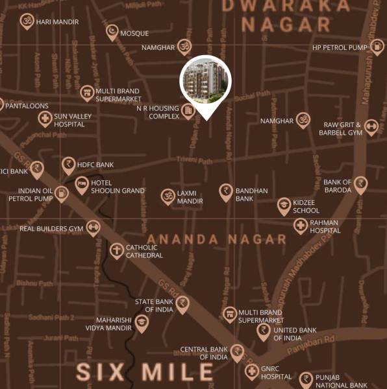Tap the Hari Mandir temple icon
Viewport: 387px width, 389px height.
pyautogui.click(x=27, y=21)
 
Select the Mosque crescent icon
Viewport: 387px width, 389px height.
pyautogui.click(x=112, y=32)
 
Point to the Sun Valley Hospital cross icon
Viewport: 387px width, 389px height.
pyautogui.click(x=45, y=119)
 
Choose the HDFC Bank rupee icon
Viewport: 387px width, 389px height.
pyautogui.click(x=68, y=165)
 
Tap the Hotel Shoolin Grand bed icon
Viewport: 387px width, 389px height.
pyautogui.click(x=82, y=185)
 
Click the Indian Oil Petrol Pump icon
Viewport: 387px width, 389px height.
pyautogui.click(x=62, y=193)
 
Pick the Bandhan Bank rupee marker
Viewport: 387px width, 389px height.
pyautogui.click(x=226, y=191)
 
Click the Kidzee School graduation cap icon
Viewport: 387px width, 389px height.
pyautogui.click(x=284, y=206)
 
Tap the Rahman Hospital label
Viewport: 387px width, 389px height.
pyautogui.click(x=325, y=226)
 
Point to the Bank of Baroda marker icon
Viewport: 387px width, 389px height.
pyautogui.click(x=360, y=185)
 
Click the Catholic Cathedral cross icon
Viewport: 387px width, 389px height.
pyautogui.click(x=116, y=250)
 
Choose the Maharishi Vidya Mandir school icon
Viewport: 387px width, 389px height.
pyautogui.click(x=142, y=322)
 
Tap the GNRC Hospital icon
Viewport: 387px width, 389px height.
pyautogui.click(x=251, y=371)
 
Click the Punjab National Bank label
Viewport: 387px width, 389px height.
pyautogui.click(x=341, y=381)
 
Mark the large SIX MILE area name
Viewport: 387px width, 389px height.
pyautogui.click(x=145, y=371)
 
